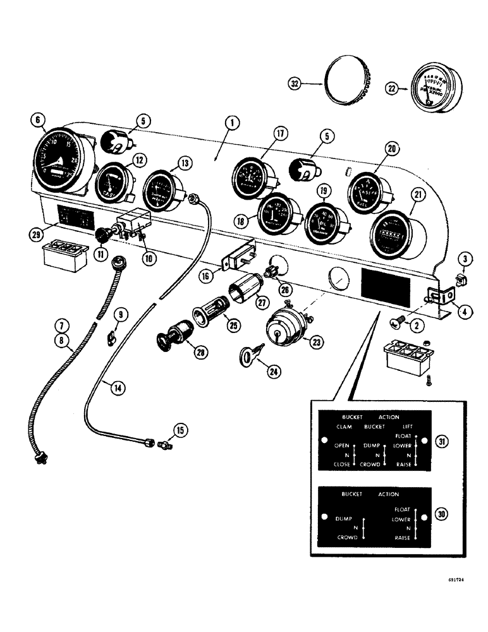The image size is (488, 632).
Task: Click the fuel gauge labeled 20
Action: coord(369,189)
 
